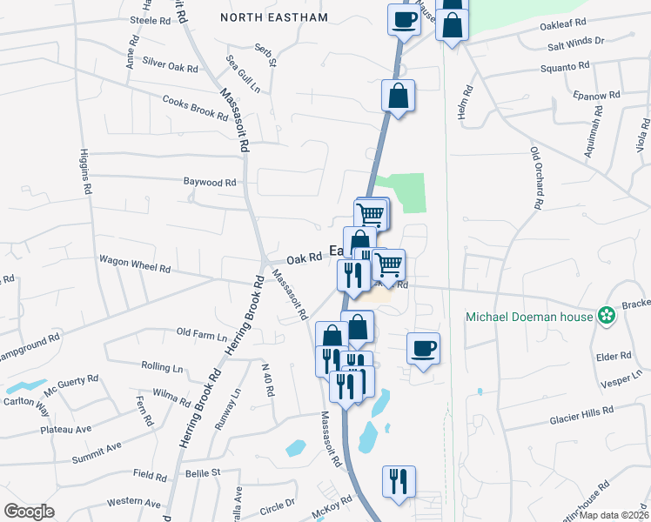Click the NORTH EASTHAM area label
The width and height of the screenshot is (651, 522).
(274, 17)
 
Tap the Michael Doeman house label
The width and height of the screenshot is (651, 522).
(527, 316)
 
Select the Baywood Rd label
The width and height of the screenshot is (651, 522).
(210, 183)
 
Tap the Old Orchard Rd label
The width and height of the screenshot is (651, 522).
(537, 177)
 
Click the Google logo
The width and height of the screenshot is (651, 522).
(29, 511)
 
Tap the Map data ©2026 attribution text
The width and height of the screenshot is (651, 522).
(613, 515)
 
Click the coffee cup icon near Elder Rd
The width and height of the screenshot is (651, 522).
(423, 349)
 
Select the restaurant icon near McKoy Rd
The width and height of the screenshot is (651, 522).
(399, 482)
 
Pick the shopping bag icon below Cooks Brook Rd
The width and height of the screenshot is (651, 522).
(398, 97)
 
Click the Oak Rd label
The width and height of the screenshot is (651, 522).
(305, 258)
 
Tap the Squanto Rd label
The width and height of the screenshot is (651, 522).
(565, 67)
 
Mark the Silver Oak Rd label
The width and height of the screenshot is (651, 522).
(171, 65)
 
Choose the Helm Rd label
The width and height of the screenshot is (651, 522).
(468, 103)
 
